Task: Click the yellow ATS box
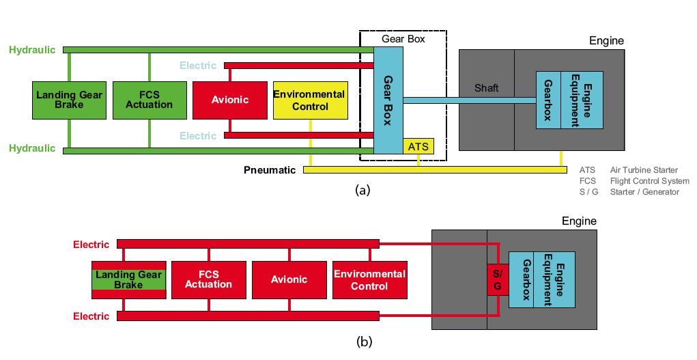click(x=418, y=146)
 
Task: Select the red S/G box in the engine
click(x=497, y=279)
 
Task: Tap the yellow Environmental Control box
click(x=310, y=100)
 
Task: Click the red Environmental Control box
click(x=369, y=279)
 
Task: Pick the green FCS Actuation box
click(x=150, y=100)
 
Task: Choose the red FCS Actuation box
click(x=208, y=279)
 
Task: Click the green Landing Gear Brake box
click(x=69, y=100)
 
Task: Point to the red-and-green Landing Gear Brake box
click(x=128, y=279)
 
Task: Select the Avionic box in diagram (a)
click(x=230, y=100)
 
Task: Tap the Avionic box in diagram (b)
click(x=289, y=279)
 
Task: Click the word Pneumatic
click(x=270, y=169)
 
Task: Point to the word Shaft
click(x=486, y=88)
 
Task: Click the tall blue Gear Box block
click(x=388, y=99)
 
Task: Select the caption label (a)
click(x=363, y=190)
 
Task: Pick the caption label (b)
click(x=364, y=342)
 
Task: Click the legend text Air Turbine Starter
click(x=644, y=170)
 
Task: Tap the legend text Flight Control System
click(x=649, y=181)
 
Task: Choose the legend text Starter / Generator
click(x=644, y=192)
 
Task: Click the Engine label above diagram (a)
click(x=606, y=41)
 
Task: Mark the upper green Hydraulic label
click(x=32, y=50)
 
